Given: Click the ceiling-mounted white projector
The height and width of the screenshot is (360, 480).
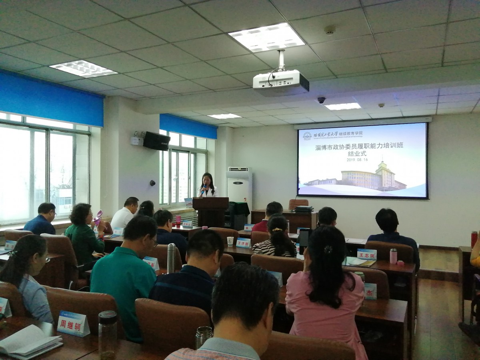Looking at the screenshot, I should pyautogui.click(x=281, y=82).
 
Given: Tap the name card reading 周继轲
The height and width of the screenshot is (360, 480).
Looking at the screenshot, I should pyautogui.click(x=73, y=323).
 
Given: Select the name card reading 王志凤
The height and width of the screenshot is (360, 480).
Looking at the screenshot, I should pyautogui.click(x=366, y=254).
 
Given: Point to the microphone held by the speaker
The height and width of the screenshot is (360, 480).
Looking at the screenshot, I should pyautogui.click(x=204, y=188).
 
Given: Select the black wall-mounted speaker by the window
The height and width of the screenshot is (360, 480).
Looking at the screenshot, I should pyautogui.click(x=156, y=141).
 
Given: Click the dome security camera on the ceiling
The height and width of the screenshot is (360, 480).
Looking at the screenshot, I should pyautogui.click(x=321, y=100).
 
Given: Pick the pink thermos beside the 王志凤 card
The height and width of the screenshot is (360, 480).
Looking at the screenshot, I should pyautogui.click(x=393, y=256).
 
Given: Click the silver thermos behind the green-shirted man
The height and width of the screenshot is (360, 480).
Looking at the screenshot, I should pyautogui.click(x=171, y=258).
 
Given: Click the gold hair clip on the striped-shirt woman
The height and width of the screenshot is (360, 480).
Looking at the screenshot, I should pyautogui.click(x=277, y=230).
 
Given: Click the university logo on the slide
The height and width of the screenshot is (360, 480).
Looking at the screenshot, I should pyautogui.click(x=307, y=136).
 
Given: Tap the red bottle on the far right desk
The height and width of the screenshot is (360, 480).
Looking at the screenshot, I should pyautogui.click(x=474, y=239).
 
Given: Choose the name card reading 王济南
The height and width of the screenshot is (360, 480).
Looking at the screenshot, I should pyautogui.click(x=243, y=243).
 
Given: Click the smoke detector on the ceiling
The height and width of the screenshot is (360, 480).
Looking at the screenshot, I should pyautogui.click(x=330, y=30).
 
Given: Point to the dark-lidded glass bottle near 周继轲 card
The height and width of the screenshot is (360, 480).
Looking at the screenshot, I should pyautogui.click(x=108, y=334).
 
